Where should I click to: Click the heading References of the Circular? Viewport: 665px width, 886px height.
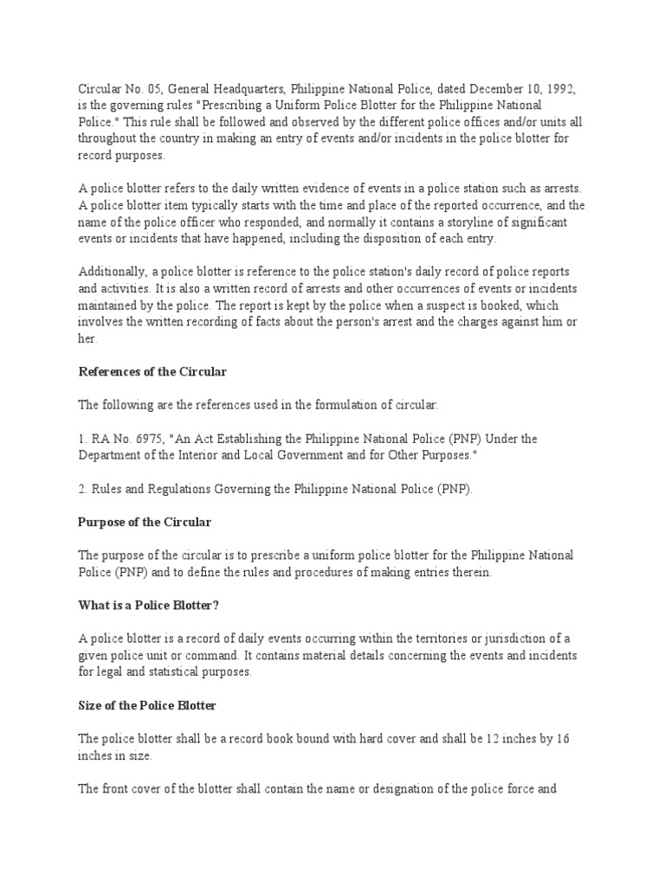(x=152, y=372)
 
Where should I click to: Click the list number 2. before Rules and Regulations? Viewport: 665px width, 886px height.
(x=84, y=489)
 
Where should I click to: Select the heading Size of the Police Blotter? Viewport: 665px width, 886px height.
(x=147, y=705)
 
